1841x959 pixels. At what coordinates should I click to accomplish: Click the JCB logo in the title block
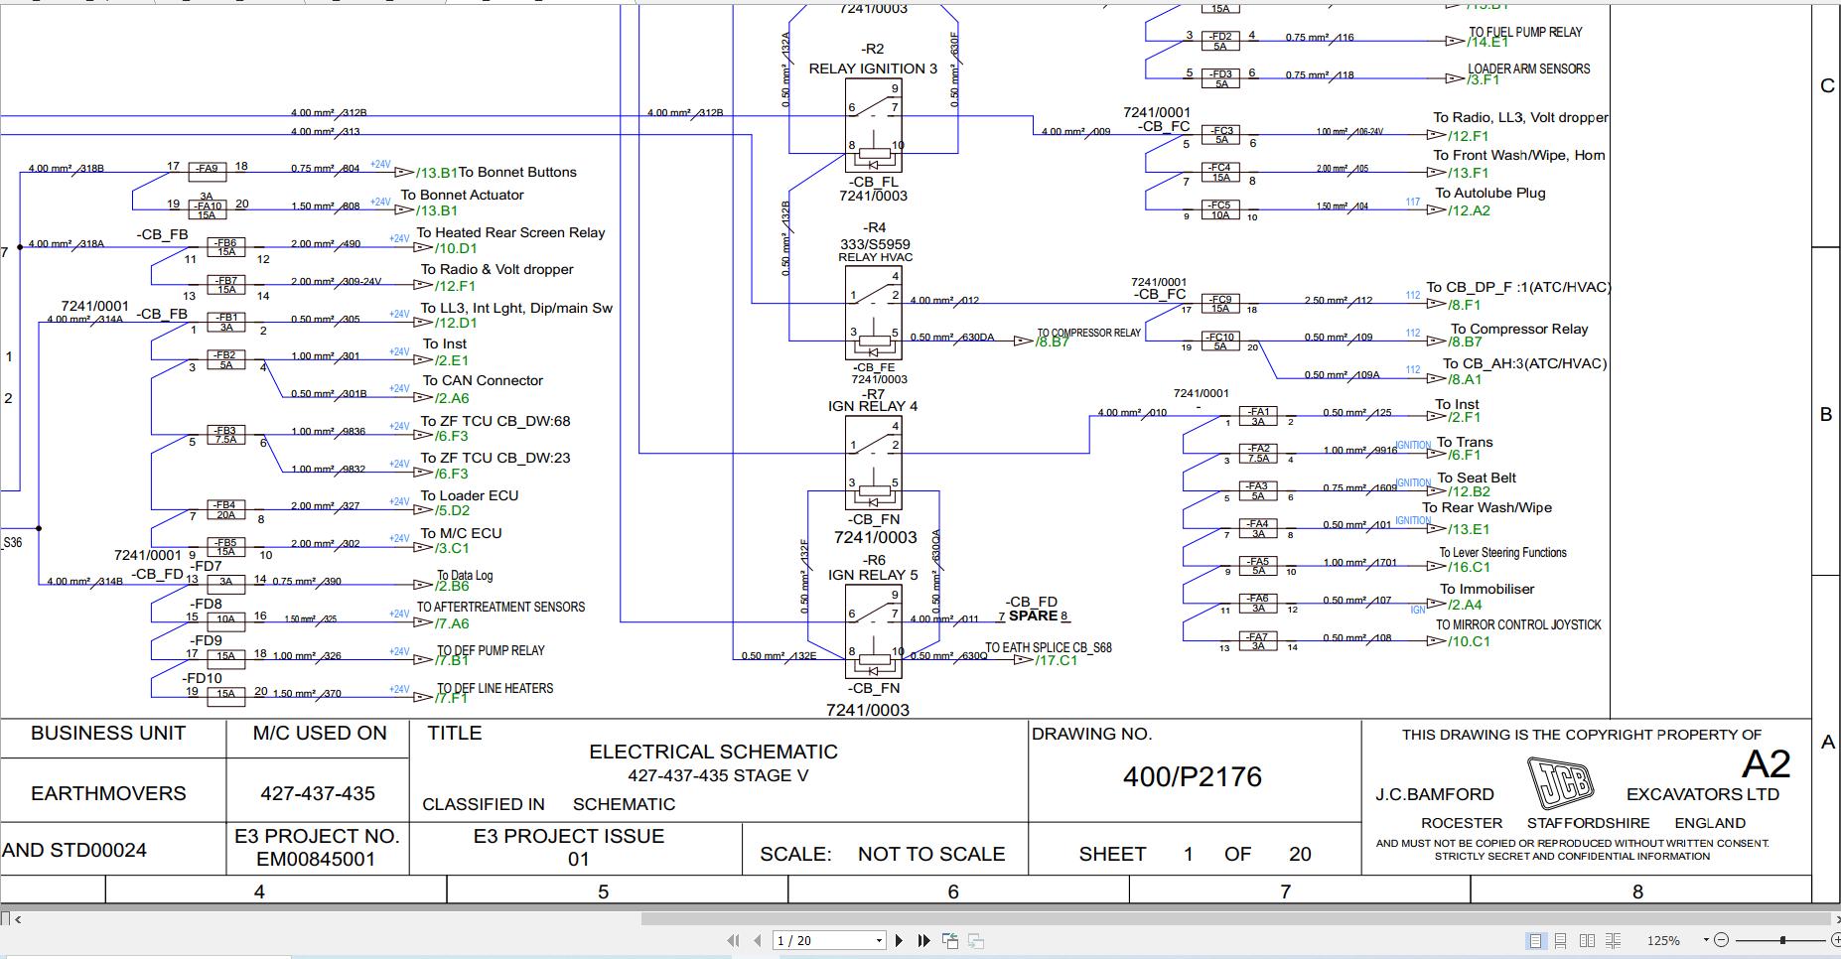[x=1559, y=783]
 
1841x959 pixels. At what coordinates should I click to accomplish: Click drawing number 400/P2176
[x=1192, y=776]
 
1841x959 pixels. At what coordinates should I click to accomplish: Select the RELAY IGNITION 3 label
[x=872, y=68]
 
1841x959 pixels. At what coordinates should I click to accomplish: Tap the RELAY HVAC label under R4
[x=875, y=257]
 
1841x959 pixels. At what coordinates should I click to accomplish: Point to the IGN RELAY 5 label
[x=873, y=575]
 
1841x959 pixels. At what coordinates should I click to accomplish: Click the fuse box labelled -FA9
[x=208, y=170]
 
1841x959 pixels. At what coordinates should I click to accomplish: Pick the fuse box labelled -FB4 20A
[x=226, y=509]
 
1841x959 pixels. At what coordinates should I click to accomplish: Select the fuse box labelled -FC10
[x=1220, y=341]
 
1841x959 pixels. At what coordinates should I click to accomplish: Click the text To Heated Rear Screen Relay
[x=510, y=232]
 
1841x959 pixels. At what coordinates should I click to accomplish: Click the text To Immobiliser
[x=1487, y=589]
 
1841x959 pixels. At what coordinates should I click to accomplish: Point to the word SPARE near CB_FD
[x=1033, y=616]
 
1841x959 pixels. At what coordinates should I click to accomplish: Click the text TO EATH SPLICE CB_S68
[x=1048, y=647]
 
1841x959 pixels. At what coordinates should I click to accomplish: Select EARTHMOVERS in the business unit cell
[x=108, y=793]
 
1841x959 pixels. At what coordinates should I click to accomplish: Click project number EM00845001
[x=316, y=859]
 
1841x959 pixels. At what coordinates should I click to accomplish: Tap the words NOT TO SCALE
[x=930, y=854]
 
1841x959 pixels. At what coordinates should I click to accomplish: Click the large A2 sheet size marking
[x=1766, y=763]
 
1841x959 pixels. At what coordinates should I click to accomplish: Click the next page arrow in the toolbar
[x=899, y=940]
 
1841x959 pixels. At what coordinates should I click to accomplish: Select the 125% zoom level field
[x=1663, y=940]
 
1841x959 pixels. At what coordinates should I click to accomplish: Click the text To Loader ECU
[x=469, y=495]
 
